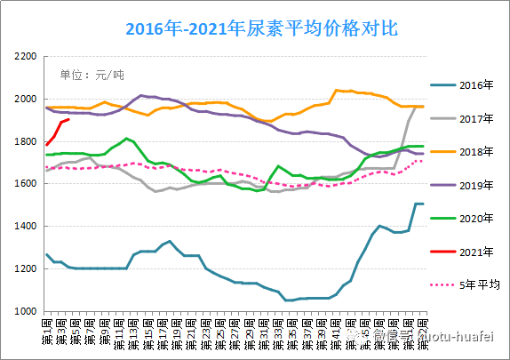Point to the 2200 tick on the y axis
[24, 56]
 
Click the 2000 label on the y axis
[24, 99]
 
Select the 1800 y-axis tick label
[24, 141]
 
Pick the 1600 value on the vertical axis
[24, 184]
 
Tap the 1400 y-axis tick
[24, 227]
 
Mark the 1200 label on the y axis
[24, 269]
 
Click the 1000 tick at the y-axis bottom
[24, 312]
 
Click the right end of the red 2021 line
[68, 119]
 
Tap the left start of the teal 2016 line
[47, 255]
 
